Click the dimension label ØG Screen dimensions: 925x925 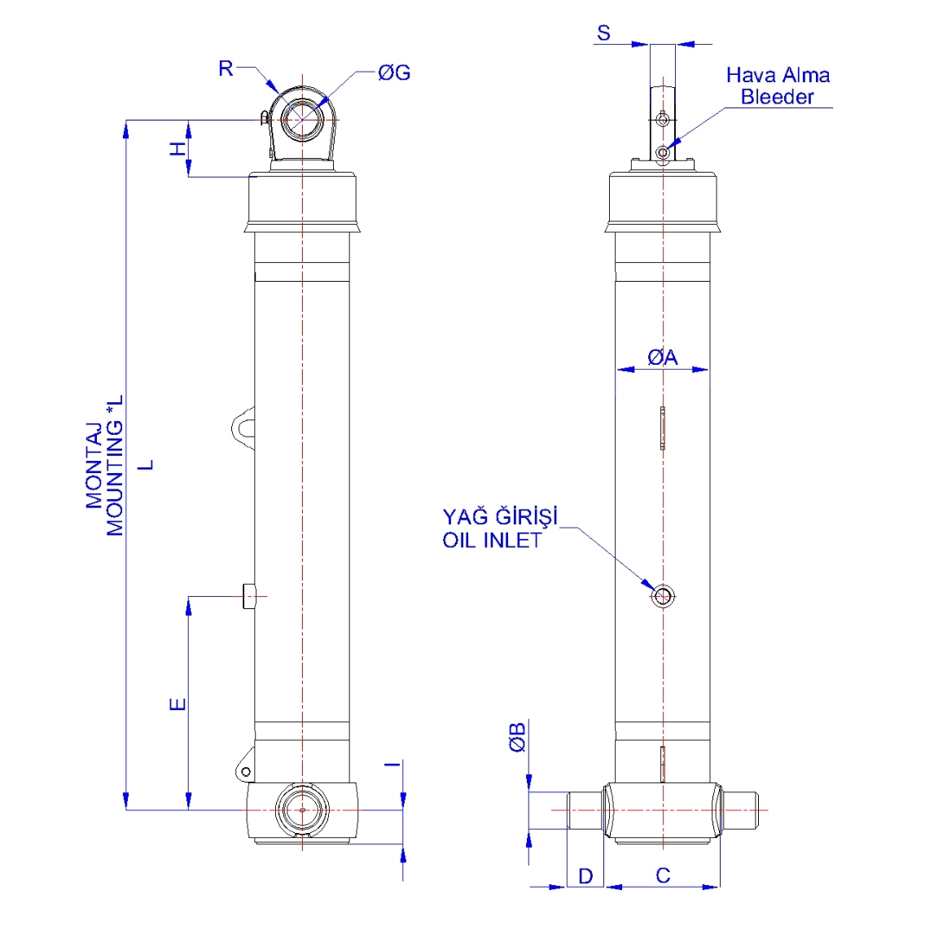(394, 73)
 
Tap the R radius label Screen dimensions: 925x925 (226, 69)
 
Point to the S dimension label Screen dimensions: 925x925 (603, 33)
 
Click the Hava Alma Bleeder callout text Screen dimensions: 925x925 (778, 86)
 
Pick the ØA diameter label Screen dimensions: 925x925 (662, 357)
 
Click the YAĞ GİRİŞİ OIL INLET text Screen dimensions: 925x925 (500, 528)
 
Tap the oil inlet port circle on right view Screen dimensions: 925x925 (663, 597)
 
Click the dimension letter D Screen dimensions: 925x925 (585, 876)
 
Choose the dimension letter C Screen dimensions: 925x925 (663, 875)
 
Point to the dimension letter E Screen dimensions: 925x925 (178, 704)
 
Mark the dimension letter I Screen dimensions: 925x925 (392, 764)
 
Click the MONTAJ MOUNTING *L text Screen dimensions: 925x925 (106, 466)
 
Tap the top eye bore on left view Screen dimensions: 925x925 (302, 119)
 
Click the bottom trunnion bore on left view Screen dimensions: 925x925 (302, 810)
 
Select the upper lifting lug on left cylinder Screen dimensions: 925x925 (243, 427)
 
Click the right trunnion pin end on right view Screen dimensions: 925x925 (743, 810)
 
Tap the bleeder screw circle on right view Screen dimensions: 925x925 (664, 152)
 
